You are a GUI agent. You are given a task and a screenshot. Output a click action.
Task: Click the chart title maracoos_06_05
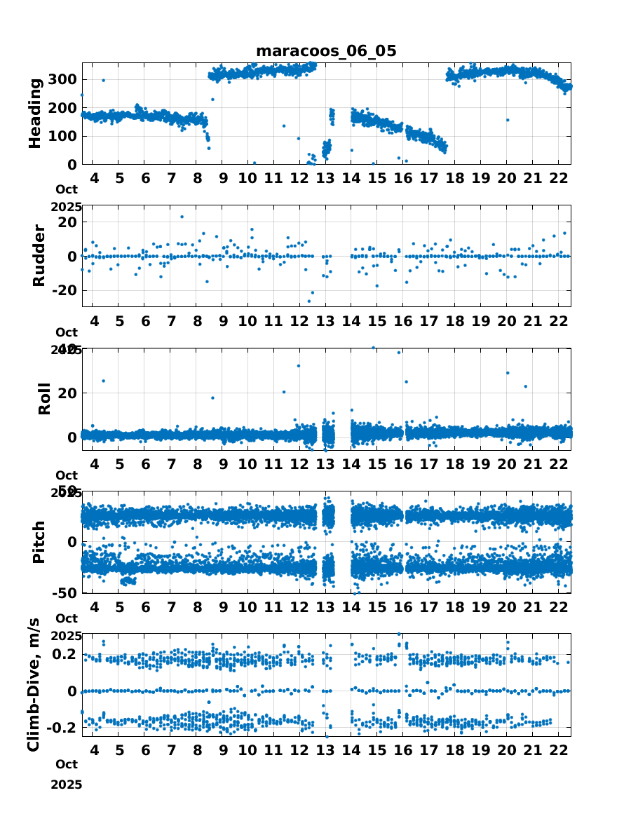(326, 51)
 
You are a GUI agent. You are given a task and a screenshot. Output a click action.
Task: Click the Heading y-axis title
(35, 113)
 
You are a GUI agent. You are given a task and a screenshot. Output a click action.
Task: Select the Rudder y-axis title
(40, 255)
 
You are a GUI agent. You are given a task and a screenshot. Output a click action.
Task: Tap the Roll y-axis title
(44, 398)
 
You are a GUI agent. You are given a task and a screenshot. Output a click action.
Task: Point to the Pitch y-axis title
(40, 542)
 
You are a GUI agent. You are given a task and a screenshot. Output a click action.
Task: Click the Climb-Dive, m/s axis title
(34, 685)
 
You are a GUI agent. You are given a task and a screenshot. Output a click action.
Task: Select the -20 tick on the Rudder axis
(65, 290)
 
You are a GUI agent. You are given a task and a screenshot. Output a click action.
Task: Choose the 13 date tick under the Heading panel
(325, 177)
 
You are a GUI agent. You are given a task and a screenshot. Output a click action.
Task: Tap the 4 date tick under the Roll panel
(94, 463)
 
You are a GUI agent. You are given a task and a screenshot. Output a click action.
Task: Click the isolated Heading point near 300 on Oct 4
(103, 80)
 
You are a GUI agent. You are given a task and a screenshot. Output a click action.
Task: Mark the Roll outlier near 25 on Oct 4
(103, 381)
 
